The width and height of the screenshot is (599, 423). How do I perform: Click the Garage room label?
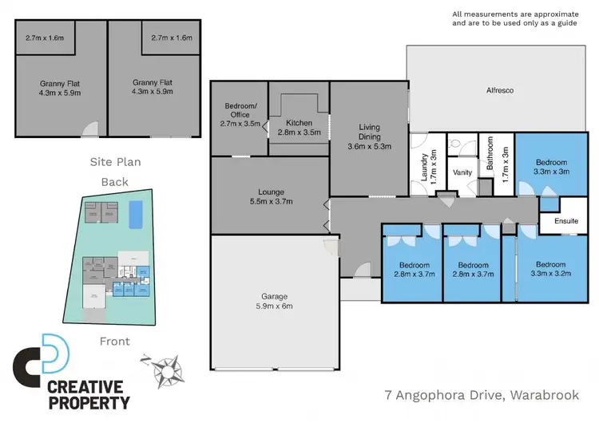point(269,299)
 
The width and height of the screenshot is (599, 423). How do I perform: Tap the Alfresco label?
point(500,91)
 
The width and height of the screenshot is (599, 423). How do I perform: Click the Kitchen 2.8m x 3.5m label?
point(298,127)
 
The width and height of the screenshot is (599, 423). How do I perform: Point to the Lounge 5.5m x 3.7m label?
point(269,196)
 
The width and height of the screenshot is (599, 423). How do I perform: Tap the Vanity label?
point(462,172)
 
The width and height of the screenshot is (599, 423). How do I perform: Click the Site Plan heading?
point(115,162)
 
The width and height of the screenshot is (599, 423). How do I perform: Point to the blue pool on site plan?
point(137,213)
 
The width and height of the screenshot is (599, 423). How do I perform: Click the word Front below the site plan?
point(115,341)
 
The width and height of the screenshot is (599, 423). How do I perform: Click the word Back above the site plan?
point(115,181)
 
